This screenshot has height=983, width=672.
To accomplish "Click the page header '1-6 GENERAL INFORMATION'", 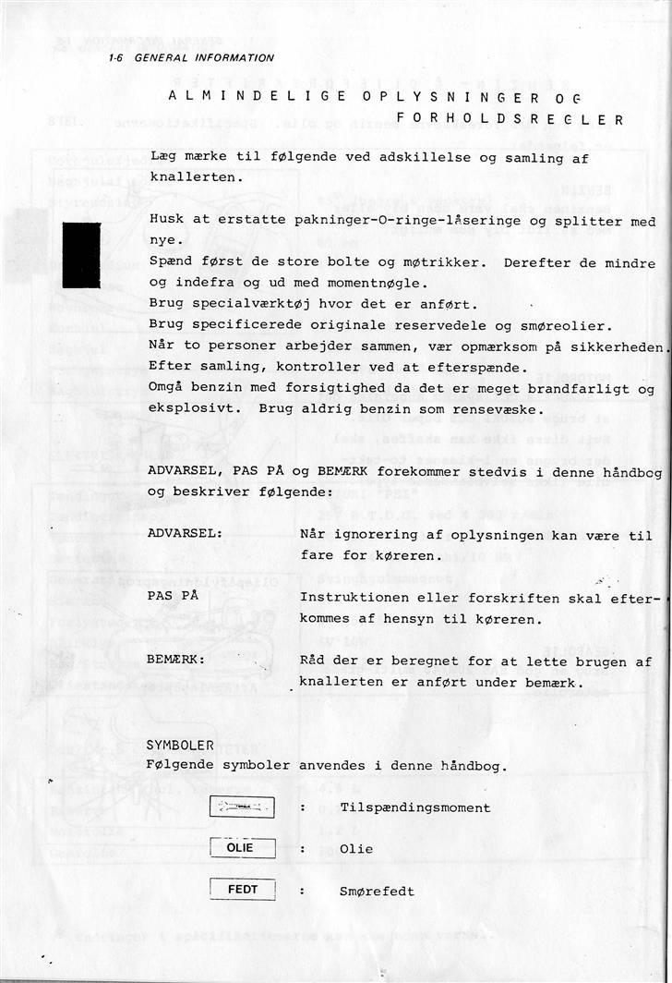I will pos(191,57).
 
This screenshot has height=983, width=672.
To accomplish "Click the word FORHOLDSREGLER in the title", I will pos(510,119).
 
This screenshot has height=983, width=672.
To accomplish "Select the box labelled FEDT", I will pos(243,891).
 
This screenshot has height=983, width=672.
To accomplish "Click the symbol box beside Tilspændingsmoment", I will pos(243,807).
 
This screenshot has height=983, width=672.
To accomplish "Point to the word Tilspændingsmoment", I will pos(415,807).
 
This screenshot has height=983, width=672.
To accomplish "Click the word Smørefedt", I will pos(377,892).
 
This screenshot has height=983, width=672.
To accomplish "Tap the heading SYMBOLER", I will pos(181,745).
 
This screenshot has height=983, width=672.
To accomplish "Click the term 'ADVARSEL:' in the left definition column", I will pos(185,535).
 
